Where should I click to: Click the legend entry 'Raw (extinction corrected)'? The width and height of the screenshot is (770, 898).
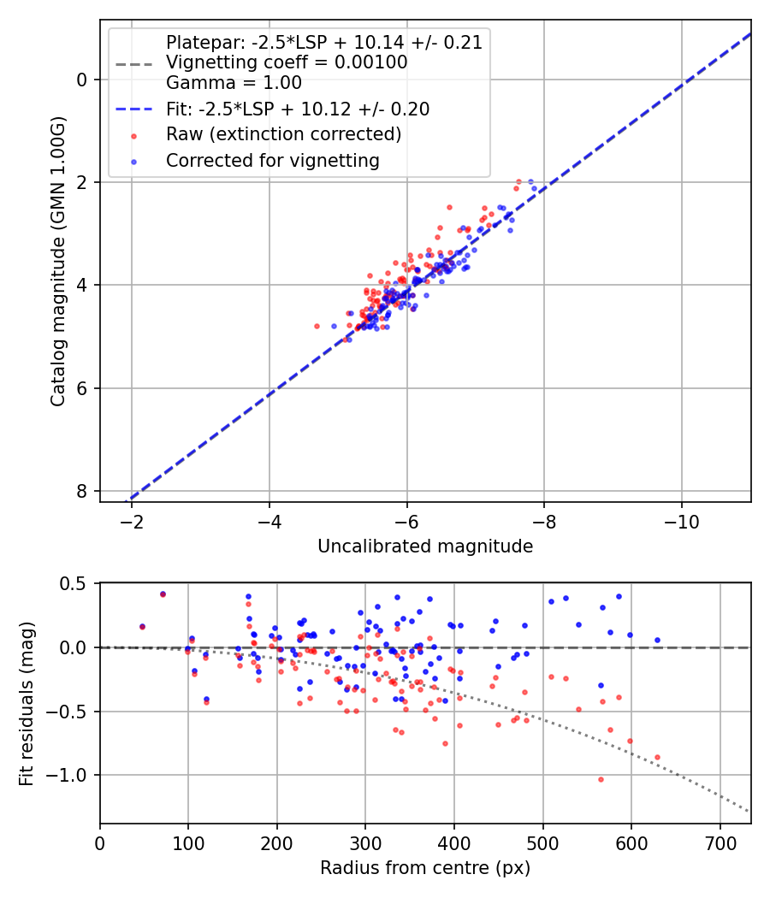coord(283,134)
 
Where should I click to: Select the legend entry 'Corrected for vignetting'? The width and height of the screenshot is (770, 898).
coord(273,160)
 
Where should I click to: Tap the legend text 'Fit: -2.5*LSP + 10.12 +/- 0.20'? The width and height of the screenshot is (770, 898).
coord(298,109)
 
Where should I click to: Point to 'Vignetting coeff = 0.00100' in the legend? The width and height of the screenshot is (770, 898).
coord(287,62)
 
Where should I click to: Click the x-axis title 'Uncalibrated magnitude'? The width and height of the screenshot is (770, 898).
coord(425,546)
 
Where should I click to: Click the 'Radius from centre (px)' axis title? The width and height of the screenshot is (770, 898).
coord(425,868)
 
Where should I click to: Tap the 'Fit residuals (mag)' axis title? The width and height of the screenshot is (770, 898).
coord(27,703)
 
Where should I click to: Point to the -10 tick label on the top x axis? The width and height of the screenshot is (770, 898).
coord(681,521)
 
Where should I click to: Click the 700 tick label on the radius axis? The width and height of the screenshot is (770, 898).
coord(720,843)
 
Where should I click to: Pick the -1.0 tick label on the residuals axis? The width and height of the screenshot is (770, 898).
coord(70,776)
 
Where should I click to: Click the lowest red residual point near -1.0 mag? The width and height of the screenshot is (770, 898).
coord(601,779)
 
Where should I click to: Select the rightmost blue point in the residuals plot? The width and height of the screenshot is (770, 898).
coord(657,640)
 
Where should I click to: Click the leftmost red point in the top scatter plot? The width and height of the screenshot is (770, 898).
coord(317,326)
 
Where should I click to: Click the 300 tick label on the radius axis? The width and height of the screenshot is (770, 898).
coord(365,843)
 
